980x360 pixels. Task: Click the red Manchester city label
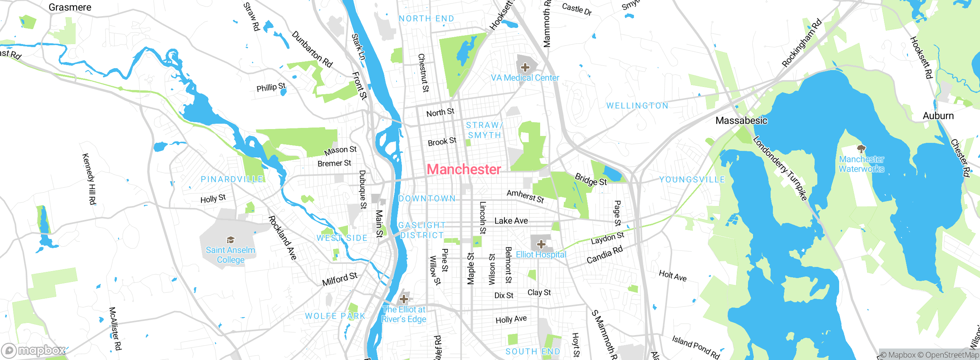464,169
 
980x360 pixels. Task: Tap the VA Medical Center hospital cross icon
525,68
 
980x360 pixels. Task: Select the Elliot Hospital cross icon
541,244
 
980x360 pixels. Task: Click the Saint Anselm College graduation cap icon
230,240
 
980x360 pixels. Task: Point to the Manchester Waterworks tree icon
861,149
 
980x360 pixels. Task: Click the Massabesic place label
741,121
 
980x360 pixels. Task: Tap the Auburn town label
938,116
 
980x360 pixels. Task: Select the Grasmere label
70,7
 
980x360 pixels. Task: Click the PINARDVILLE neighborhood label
232,179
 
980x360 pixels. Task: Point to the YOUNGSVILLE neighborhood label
692,180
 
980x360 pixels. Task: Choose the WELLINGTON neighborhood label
637,106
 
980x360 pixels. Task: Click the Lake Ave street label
511,221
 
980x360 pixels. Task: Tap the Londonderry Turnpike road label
780,169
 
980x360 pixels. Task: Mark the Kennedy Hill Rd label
89,179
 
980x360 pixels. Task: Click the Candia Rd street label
604,255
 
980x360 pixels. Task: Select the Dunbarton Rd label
312,49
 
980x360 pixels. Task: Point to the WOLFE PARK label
335,316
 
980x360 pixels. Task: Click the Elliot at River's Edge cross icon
404,299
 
